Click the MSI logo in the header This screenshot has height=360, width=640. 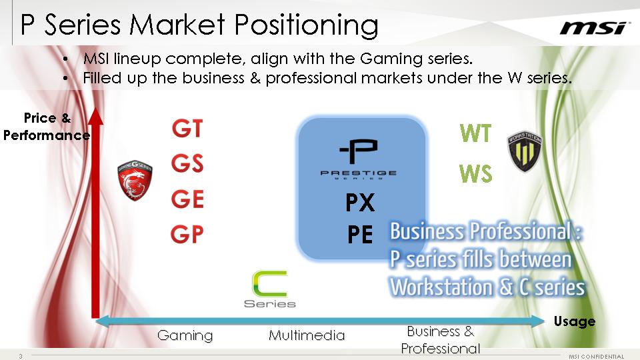[x=593, y=28]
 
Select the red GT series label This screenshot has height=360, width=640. [x=187, y=129]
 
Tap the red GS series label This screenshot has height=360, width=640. [x=187, y=164]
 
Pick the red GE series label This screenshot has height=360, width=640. [x=187, y=199]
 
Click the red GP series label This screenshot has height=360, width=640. [x=187, y=234]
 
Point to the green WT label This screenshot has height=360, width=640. [x=475, y=133]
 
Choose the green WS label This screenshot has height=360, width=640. [x=475, y=173]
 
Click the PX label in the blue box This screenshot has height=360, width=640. [x=360, y=203]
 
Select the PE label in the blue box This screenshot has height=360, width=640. [x=360, y=235]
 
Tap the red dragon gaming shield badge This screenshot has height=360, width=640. [x=135, y=180]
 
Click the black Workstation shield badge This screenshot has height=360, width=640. [x=525, y=151]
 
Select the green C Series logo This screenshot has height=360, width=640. [x=270, y=289]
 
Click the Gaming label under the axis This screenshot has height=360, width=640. [x=185, y=335]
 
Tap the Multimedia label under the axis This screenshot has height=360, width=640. [x=307, y=335]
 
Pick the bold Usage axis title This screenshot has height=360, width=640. [x=574, y=321]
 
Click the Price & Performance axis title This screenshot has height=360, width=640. [x=47, y=127]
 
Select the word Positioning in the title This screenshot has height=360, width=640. [x=307, y=26]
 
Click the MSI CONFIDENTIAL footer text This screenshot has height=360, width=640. [x=596, y=357]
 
